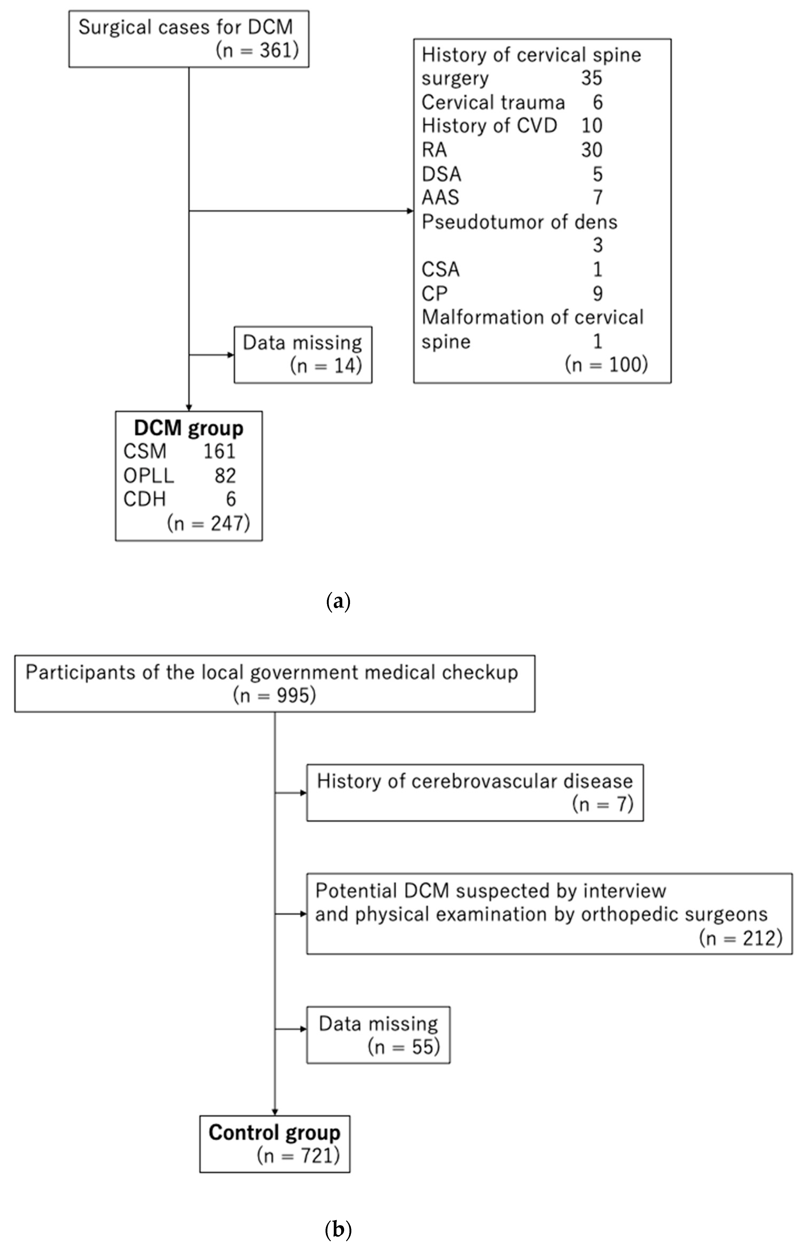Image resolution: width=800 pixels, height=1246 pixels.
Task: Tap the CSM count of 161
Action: pos(219,451)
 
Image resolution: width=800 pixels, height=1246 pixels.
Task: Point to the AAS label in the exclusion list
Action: pos(440,197)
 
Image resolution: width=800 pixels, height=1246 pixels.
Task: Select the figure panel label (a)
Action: pos(338,602)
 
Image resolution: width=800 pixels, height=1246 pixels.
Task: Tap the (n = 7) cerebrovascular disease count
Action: pos(603,804)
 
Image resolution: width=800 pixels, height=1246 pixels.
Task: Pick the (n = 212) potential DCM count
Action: pos(740,938)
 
